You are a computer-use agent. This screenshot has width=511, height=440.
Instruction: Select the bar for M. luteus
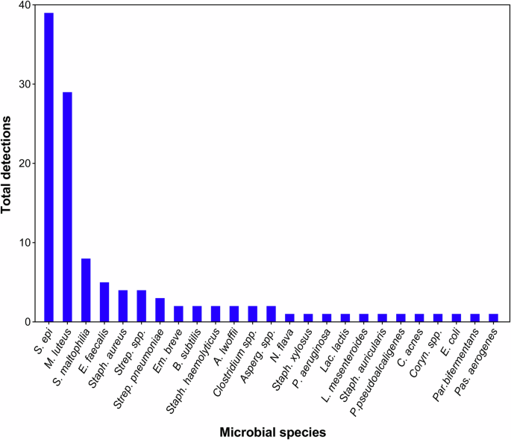pyautogui.click(x=67, y=207)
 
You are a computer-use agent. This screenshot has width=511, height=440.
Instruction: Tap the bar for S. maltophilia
pyautogui.click(x=85, y=290)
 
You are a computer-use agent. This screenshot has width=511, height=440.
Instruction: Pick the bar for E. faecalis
pyautogui.click(x=104, y=302)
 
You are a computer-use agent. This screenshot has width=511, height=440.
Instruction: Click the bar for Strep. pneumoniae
pyautogui.click(x=159, y=310)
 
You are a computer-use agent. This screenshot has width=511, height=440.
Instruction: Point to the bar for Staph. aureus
pyautogui.click(x=122, y=306)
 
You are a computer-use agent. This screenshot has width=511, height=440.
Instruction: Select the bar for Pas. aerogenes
pyautogui.click(x=492, y=318)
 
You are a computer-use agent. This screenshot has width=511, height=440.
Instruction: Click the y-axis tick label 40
pyautogui.click(x=25, y=5)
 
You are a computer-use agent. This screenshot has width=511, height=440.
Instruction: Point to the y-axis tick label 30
pyautogui.click(x=25, y=84)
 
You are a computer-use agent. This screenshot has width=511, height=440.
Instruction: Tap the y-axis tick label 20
pyautogui.click(x=25, y=164)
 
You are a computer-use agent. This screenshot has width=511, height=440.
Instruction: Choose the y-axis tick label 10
pyautogui.click(x=25, y=243)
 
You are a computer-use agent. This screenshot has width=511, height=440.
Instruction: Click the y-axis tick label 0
pyautogui.click(x=28, y=322)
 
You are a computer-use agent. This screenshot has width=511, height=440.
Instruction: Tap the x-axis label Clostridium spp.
pyautogui.click(x=234, y=354)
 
